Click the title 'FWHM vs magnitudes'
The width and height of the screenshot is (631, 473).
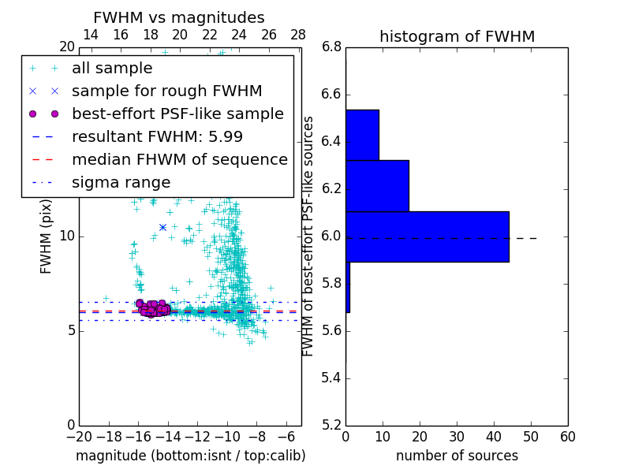(179, 17)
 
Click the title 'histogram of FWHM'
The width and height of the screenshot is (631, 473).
(457, 36)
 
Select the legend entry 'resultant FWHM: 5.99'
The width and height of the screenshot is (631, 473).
(157, 136)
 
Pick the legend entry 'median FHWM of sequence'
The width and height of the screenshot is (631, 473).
(179, 159)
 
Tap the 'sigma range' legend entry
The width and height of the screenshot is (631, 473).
(121, 183)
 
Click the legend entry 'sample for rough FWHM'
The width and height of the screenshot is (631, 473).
(166, 91)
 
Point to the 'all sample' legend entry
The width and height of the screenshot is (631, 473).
(112, 68)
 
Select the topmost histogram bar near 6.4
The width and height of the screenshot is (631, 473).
(362, 135)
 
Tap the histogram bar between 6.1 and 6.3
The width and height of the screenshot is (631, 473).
(377, 186)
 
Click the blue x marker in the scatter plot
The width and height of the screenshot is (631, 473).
(162, 227)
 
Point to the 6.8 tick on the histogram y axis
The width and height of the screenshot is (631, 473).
(332, 47)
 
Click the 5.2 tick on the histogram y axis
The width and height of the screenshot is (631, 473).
(332, 425)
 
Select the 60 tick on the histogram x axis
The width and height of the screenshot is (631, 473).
(567, 436)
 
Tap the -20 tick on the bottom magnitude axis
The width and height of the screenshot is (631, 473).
(79, 436)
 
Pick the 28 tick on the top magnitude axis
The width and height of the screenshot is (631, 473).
(298, 35)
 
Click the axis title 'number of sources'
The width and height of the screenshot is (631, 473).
(457, 456)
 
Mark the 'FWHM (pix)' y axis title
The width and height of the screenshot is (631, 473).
(47, 236)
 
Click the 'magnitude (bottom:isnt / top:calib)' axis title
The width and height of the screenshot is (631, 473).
(190, 456)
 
